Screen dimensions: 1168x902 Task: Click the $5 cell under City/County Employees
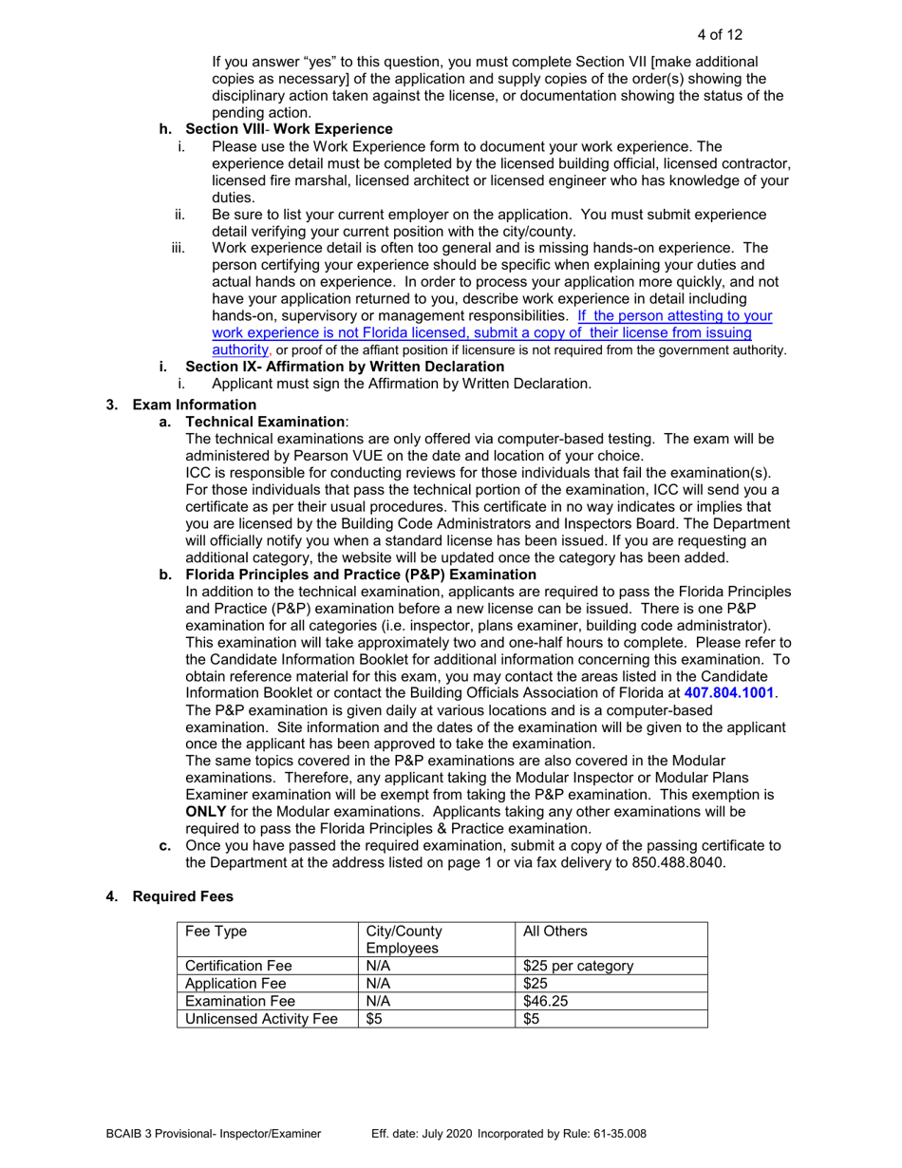pos(373,1019)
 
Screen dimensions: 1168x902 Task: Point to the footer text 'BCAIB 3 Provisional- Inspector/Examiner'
pos(213,1133)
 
